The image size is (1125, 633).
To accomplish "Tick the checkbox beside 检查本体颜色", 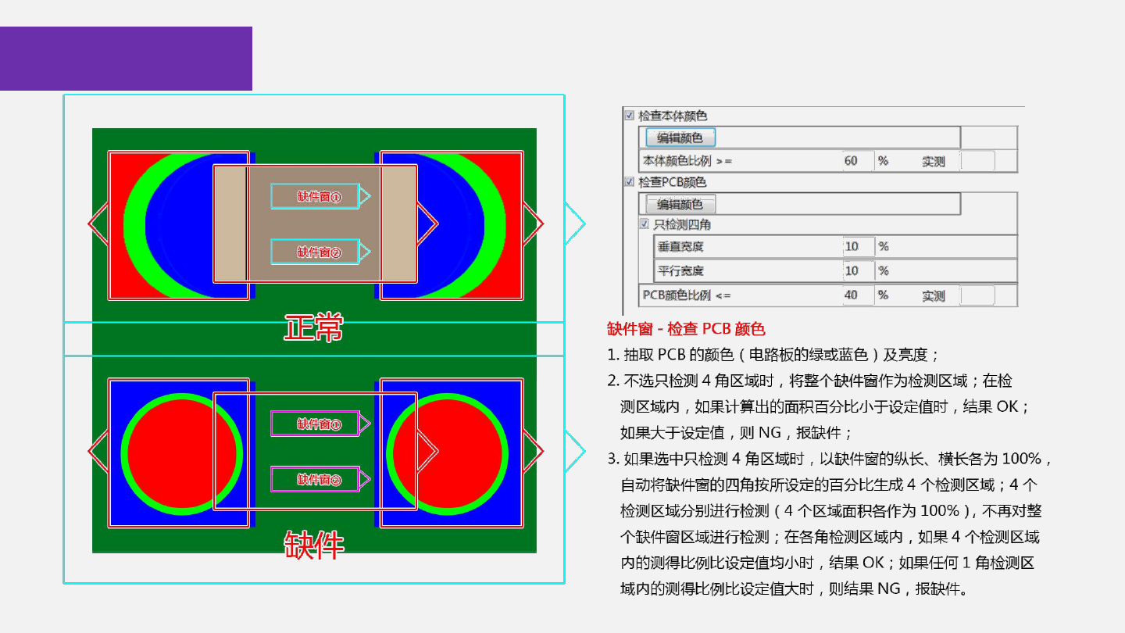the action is pyautogui.click(x=630, y=116).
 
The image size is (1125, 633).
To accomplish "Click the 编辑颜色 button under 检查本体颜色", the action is pyautogui.click(x=680, y=138).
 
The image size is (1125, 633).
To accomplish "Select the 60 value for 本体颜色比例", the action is pyautogui.click(x=852, y=161).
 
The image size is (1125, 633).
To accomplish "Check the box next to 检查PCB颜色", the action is pyautogui.click(x=630, y=182).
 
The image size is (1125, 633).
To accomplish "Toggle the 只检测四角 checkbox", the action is pyautogui.click(x=645, y=224).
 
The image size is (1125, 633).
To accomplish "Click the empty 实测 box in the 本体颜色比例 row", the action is pyautogui.click(x=977, y=161).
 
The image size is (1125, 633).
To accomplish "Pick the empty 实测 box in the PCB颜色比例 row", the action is pyautogui.click(x=977, y=295).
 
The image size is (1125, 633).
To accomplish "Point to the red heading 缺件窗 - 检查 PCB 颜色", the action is pyautogui.click(x=685, y=329).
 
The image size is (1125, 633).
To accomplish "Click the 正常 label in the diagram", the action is pyautogui.click(x=313, y=328).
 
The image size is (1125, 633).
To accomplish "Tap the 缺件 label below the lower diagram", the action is pyautogui.click(x=313, y=545).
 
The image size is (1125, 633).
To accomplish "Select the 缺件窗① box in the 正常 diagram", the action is pyautogui.click(x=316, y=196).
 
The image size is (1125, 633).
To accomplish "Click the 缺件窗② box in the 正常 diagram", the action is pyautogui.click(x=316, y=252).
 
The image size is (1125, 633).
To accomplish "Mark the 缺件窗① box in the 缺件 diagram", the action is pyautogui.click(x=316, y=424).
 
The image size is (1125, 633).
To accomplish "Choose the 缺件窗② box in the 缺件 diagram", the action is pyautogui.click(x=316, y=479).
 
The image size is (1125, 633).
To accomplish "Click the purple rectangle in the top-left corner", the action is pyautogui.click(x=126, y=59).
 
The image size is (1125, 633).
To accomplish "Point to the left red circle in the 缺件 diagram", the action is pyautogui.click(x=182, y=453).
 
